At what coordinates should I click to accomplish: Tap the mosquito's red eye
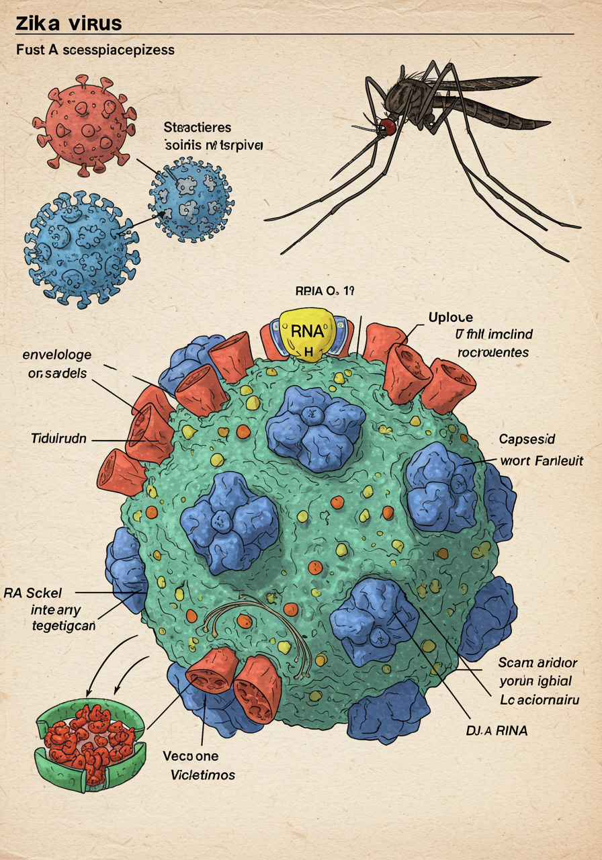[386, 126]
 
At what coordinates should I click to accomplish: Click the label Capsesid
[527, 439]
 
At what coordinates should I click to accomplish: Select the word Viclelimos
[200, 775]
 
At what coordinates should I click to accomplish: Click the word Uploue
[450, 317]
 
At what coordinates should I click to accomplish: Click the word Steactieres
[198, 127]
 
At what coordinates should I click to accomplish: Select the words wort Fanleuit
[542, 461]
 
